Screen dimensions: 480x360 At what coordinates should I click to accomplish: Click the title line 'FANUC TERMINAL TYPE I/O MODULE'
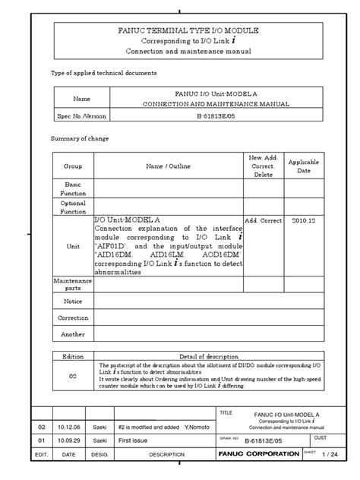[x=188, y=30]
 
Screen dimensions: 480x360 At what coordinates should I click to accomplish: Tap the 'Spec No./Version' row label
[x=81, y=118]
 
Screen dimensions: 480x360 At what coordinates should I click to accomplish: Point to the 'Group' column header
[x=73, y=166]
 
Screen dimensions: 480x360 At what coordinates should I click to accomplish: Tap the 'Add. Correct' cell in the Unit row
[x=263, y=220]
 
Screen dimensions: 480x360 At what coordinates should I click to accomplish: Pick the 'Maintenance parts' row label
[x=73, y=284]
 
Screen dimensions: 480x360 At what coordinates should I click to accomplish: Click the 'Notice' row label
[x=73, y=301]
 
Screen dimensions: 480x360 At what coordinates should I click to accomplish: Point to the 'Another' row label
[x=73, y=334]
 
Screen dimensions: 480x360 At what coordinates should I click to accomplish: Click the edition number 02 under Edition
[x=74, y=375]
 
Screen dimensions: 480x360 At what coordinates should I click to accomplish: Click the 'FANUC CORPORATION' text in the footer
[x=258, y=453]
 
